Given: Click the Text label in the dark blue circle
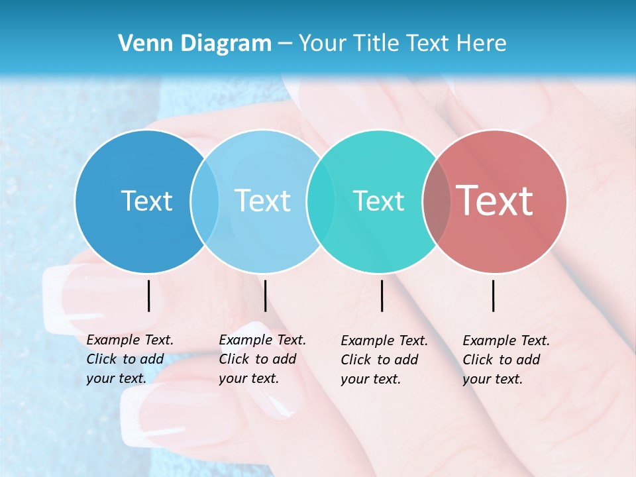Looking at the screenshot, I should (x=146, y=201).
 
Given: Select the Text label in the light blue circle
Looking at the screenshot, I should (x=263, y=201).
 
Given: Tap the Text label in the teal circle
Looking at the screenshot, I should (x=378, y=201).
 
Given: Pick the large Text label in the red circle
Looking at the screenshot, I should (x=495, y=201).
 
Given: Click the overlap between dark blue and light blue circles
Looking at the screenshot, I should (x=205, y=201).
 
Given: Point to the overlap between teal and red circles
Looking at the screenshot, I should (x=437, y=201).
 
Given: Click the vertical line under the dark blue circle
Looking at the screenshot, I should (x=148, y=295).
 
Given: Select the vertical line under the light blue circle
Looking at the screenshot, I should (x=265, y=295).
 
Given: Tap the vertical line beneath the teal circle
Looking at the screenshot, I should (x=382, y=295).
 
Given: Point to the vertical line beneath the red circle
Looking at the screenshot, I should (x=494, y=295).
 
